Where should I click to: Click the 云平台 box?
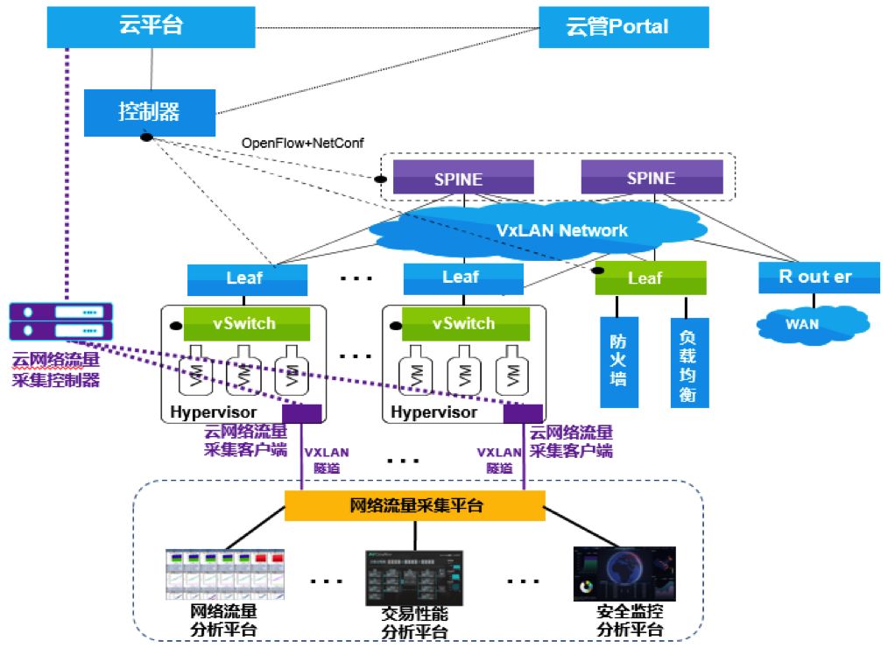pos(151,25)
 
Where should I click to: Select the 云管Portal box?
pos(623,26)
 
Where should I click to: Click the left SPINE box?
pos(458,179)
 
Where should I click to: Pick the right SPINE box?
pos(651,179)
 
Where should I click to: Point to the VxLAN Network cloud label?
pos(561,230)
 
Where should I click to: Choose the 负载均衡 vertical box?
pos(687,362)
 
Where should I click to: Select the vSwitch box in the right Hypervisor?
pos(463,323)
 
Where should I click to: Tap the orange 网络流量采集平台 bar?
pos(415,505)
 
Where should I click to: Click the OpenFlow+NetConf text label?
pos(302,143)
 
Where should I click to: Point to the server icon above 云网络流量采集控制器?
pos(61,320)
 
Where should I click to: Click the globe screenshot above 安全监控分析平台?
pos(624,574)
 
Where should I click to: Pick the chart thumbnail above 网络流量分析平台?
pos(226,575)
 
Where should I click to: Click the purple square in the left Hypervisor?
pos(302,413)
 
